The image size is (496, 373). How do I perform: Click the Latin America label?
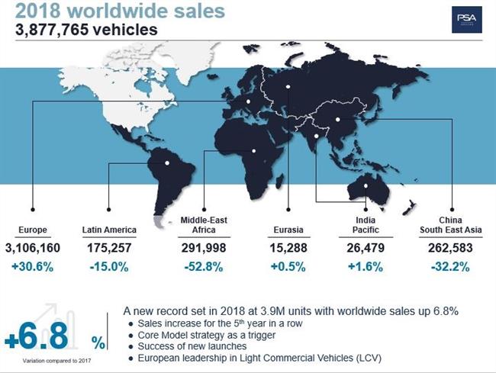[x=109, y=230]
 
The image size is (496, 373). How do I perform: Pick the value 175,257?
[x=109, y=248]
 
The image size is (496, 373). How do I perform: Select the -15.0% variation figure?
[x=109, y=266]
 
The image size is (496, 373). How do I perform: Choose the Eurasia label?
[x=288, y=230]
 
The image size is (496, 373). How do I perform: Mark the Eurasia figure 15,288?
[x=288, y=248]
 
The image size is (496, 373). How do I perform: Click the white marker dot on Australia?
[x=366, y=185]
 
